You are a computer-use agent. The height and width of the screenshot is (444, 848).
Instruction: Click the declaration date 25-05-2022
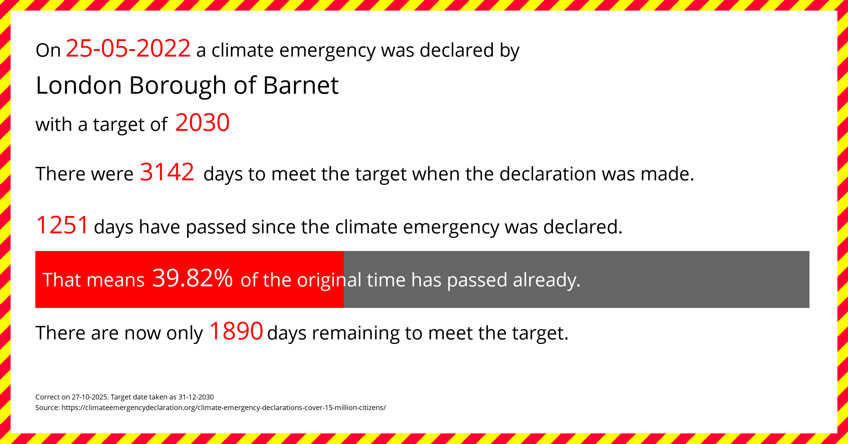(128, 48)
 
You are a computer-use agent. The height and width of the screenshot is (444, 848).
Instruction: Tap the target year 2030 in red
(202, 123)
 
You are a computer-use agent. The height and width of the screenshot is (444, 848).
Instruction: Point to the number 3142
(167, 172)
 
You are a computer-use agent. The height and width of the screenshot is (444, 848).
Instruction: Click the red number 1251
(62, 225)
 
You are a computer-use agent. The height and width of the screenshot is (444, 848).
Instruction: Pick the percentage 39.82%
(192, 278)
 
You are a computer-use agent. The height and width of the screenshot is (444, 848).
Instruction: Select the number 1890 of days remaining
(236, 331)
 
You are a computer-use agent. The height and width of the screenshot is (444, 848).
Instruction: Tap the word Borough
(177, 87)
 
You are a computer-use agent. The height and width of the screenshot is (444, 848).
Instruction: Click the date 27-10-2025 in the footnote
(89, 397)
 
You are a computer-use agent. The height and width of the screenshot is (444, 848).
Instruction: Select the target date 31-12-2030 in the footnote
(196, 397)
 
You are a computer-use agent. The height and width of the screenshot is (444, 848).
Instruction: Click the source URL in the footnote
(224, 408)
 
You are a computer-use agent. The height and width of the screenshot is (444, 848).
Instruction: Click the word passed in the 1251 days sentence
(216, 228)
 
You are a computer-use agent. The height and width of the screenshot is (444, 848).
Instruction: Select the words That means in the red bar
(94, 280)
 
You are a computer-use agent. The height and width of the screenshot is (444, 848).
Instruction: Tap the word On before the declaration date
(48, 51)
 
